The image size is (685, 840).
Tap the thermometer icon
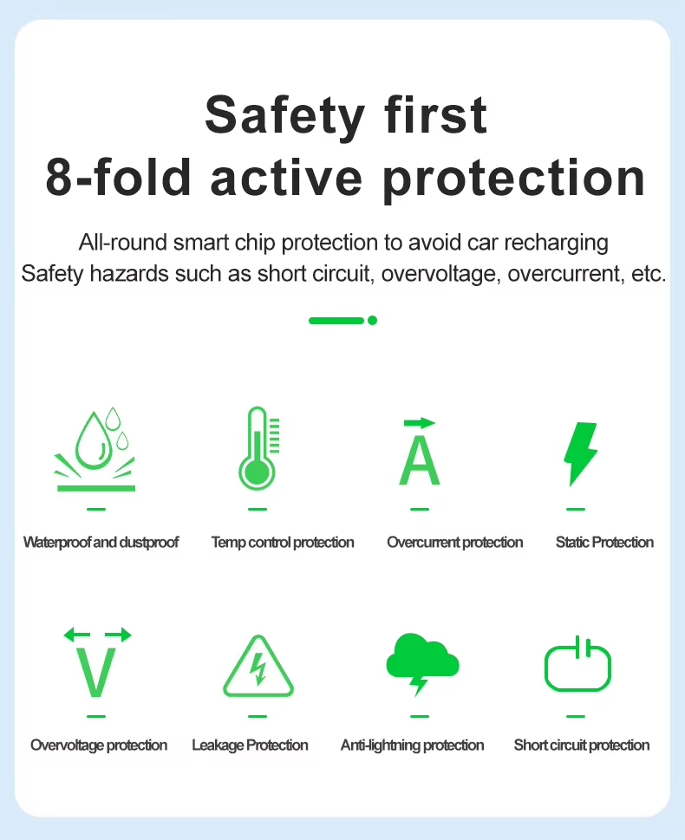258,448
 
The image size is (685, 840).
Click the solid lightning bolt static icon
580,453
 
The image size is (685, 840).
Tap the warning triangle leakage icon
258,666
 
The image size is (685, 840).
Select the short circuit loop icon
577,663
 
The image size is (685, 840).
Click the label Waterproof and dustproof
101,543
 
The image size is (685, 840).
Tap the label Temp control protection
283,543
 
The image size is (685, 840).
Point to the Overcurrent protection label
454,542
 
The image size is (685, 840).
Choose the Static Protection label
604,542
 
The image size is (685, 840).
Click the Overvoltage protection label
99,746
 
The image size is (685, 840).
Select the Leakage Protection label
250,746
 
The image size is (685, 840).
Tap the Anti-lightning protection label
412,746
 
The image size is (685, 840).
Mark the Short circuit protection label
582,746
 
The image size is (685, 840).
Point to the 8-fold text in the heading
119,177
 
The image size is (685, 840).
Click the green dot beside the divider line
373,321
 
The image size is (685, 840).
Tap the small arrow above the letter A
420,423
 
